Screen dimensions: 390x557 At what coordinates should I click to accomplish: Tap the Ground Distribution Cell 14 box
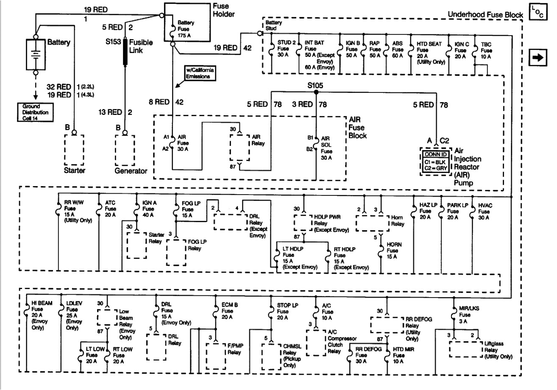click(x=33, y=112)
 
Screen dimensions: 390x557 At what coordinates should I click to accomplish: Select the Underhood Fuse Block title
click(x=485, y=16)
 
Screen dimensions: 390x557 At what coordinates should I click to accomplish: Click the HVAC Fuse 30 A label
click(x=485, y=211)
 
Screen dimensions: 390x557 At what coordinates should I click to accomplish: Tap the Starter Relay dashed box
click(x=137, y=244)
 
